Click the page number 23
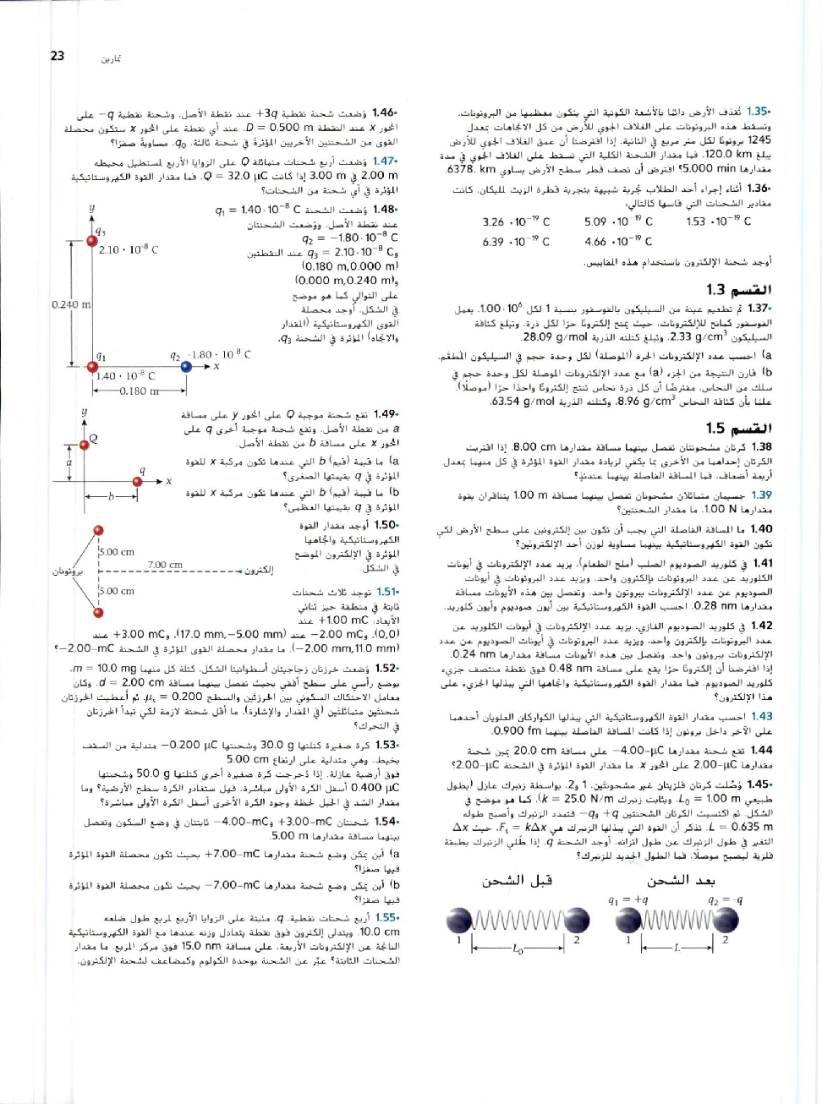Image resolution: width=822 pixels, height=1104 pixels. point(58,56)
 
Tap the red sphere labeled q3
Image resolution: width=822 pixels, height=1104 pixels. point(91,221)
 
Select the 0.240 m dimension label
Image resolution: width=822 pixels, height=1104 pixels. point(70,304)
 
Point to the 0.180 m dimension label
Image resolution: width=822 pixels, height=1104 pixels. point(139,391)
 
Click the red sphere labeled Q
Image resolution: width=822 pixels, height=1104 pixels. point(84,445)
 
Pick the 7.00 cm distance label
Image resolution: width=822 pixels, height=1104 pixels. point(165,565)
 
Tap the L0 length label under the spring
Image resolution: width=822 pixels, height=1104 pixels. point(518,950)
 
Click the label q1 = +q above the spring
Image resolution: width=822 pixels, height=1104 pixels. point(627,900)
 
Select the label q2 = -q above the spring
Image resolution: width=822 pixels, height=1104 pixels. point(725,900)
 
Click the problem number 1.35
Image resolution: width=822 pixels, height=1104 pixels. point(759,112)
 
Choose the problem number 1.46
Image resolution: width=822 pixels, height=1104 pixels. point(385,112)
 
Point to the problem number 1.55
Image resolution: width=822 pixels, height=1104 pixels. point(386,917)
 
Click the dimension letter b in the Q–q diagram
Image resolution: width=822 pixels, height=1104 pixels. point(111,497)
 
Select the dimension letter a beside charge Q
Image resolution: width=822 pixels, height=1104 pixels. point(69,462)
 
